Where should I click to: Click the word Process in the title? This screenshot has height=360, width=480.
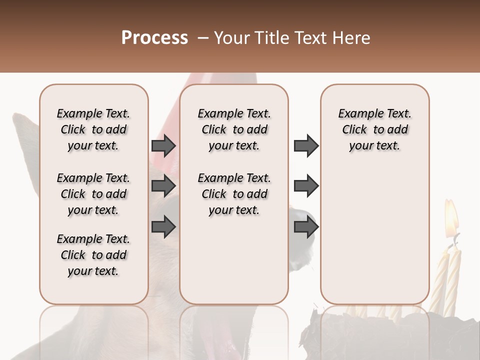point(154,38)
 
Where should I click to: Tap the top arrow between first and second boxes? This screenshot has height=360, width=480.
point(163,146)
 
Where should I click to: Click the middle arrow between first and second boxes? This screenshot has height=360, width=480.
point(163,186)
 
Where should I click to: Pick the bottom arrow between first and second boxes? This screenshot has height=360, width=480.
point(163,226)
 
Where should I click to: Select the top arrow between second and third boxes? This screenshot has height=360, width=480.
point(306,146)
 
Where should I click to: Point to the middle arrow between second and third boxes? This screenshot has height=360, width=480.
point(306,186)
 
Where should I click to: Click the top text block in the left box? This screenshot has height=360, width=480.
point(93,129)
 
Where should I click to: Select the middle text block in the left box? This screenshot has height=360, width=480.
point(93,194)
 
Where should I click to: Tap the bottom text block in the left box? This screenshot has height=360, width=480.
point(93,255)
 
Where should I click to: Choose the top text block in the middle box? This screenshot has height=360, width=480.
point(234,129)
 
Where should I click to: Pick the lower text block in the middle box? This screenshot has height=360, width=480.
point(234,194)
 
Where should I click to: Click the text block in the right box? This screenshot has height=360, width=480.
point(375,129)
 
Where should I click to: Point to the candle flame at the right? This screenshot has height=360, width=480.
point(451,217)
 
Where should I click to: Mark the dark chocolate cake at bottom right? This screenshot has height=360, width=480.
point(400,335)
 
